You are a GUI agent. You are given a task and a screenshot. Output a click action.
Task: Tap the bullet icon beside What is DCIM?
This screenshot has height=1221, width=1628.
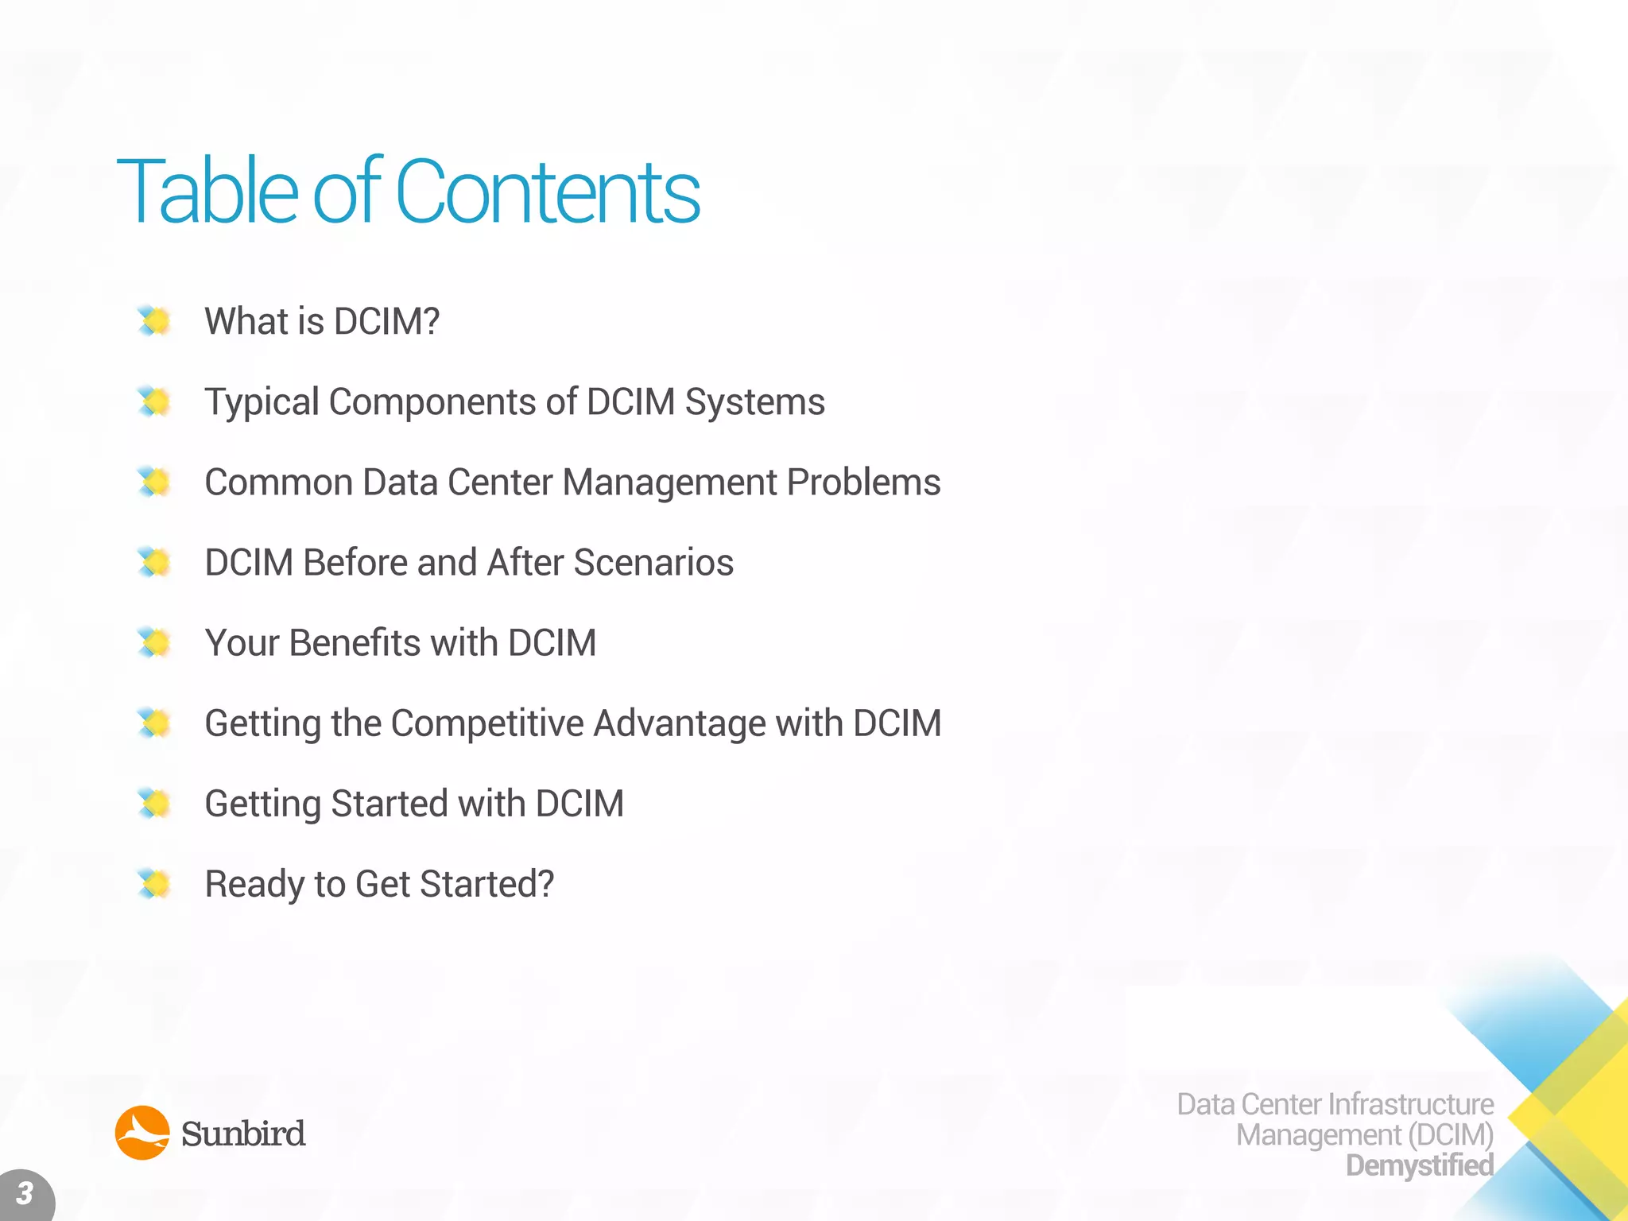pos(154,321)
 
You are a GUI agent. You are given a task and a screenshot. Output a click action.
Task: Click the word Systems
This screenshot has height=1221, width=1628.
pos(755,402)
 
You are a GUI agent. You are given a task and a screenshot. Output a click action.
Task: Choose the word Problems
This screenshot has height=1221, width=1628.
pos(863,483)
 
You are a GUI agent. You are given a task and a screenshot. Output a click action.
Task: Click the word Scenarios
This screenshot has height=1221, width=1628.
pos(653,563)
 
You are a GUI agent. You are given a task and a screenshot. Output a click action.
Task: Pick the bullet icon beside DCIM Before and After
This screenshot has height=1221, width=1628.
pos(154,563)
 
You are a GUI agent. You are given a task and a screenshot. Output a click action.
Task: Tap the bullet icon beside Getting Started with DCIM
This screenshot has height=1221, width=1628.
pos(154,804)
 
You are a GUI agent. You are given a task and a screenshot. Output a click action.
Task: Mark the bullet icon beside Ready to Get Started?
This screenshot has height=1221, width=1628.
pos(154,884)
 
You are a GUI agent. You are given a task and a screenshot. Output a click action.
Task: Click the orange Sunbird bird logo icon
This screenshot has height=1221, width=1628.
pos(142,1133)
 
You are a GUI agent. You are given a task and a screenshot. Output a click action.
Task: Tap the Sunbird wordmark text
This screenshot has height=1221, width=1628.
pos(243,1134)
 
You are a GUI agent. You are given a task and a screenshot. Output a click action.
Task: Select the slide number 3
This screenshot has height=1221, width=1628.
pos(25,1193)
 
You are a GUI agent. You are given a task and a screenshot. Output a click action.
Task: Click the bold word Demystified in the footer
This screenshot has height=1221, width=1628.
pos(1420,1165)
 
